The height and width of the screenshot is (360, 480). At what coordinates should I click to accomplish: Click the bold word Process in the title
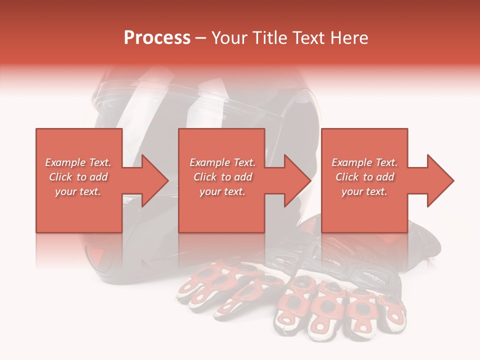point(157,38)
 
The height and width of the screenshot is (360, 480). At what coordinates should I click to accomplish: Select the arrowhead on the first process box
point(152,180)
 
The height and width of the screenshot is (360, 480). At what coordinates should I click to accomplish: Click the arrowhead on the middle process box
point(295,180)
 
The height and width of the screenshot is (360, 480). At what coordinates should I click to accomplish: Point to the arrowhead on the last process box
point(438,180)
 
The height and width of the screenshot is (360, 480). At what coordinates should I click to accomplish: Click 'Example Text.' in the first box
point(78,162)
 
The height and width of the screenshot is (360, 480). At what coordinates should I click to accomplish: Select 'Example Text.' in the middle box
point(222,162)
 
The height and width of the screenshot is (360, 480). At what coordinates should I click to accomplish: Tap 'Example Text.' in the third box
point(364,162)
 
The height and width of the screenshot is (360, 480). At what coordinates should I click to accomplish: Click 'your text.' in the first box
point(78,191)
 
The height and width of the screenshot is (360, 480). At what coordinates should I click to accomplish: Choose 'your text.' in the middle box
point(222,191)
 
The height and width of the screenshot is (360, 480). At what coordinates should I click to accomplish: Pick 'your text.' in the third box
point(364,191)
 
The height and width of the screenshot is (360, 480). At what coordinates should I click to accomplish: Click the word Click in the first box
point(60,177)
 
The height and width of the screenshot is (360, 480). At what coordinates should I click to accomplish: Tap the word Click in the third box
point(347,177)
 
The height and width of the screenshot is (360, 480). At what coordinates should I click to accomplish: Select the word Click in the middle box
point(205,177)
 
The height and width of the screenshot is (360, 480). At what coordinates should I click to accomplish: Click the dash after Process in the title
point(200,38)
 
